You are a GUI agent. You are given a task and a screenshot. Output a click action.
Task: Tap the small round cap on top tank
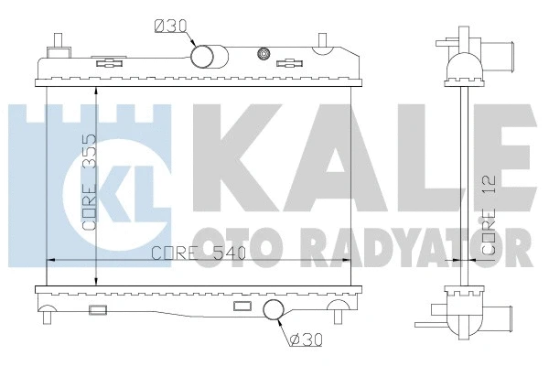pyautogui.click(x=265, y=54)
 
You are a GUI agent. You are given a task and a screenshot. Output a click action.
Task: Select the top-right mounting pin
pyautogui.click(x=323, y=41)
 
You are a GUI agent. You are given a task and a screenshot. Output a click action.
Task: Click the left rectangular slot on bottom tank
pyautogui.click(x=97, y=308)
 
